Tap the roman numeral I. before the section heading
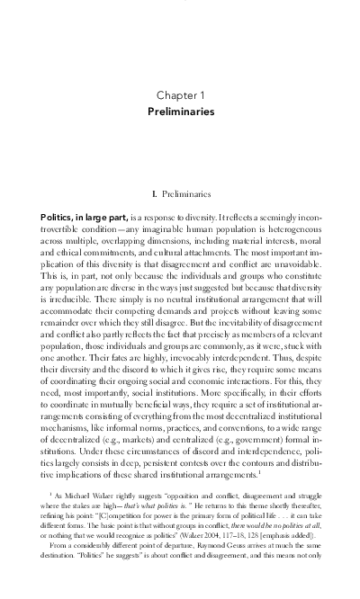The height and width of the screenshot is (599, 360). tap(158, 192)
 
